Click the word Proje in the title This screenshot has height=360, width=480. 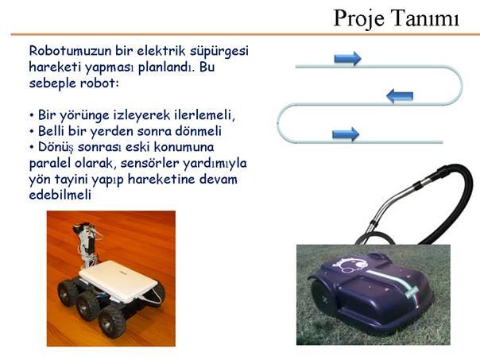358,19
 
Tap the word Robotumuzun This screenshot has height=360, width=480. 70,51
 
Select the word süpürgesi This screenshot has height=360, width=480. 219,52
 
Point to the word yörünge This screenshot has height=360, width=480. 84,116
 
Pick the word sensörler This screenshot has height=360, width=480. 150,163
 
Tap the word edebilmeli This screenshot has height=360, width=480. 60,195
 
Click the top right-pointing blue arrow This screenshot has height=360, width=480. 347,58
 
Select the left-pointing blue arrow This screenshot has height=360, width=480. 400,96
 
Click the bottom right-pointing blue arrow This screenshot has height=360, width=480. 346,134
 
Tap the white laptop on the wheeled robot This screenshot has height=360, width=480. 118,280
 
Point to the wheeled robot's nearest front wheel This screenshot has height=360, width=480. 112,321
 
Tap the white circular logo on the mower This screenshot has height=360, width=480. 352,265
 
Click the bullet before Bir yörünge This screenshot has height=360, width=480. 31,116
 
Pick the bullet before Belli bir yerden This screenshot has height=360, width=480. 31,132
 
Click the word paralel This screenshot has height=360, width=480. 49,164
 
